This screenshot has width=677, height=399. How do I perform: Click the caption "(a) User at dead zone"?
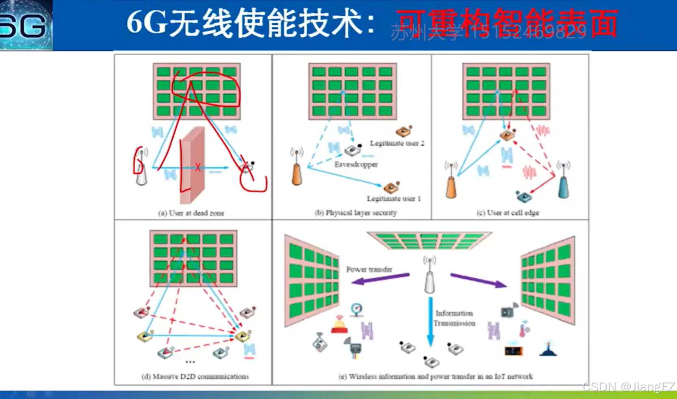pyautogui.click(x=191, y=213)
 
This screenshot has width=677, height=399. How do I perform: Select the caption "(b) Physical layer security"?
pyautogui.click(x=356, y=212)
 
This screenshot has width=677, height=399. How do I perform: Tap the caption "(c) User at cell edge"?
pyautogui.click(x=508, y=212)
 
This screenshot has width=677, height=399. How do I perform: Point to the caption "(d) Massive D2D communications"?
pyautogui.click(x=195, y=376)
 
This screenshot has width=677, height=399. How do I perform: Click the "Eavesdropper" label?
pyautogui.click(x=356, y=164)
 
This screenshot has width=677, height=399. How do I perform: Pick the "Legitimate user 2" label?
pyautogui.click(x=397, y=143)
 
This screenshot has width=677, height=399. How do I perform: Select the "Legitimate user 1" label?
pyautogui.click(x=393, y=198)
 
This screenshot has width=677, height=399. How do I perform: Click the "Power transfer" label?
pyautogui.click(x=369, y=269)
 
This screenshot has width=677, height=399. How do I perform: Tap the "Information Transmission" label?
pyautogui.click(x=454, y=318)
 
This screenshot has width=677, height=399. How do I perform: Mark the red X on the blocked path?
pyautogui.click(x=197, y=167)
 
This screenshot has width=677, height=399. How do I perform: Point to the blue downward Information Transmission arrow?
pyautogui.click(x=430, y=321)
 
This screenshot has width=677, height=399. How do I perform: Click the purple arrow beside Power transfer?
pyautogui.click(x=380, y=279)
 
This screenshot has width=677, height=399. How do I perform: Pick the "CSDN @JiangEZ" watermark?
pyautogui.click(x=629, y=386)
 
